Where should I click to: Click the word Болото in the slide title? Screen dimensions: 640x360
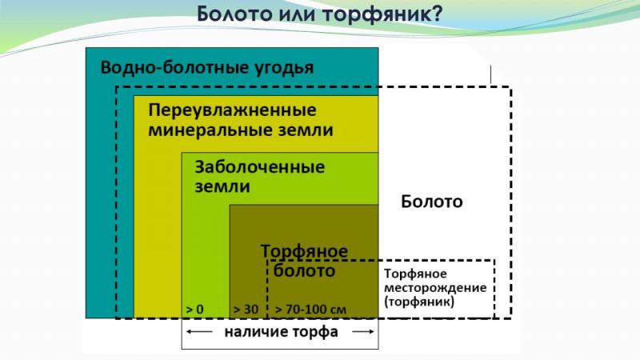pyautogui.click(x=235, y=14)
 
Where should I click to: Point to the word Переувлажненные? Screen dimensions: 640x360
pyautogui.click(x=232, y=110)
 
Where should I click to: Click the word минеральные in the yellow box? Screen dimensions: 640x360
pyautogui.click(x=210, y=130)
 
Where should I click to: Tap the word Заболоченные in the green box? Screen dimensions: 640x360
pyautogui.click(x=259, y=167)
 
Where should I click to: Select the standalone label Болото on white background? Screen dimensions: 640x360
pyautogui.click(x=432, y=202)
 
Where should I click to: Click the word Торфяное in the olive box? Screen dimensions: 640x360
pyautogui.click(x=305, y=251)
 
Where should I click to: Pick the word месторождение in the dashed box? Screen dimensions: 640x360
pyautogui.click(x=435, y=288)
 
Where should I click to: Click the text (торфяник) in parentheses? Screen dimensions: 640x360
pyautogui.click(x=419, y=302)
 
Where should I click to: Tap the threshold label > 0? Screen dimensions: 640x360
pyautogui.click(x=194, y=310)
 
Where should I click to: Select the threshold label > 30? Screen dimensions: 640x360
pyautogui.click(x=246, y=310)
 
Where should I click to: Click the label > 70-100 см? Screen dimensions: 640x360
pyautogui.click(x=310, y=310)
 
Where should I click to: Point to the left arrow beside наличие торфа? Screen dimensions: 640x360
pyautogui.click(x=199, y=332)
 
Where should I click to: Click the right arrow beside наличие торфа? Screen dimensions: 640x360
pyautogui.click(x=363, y=332)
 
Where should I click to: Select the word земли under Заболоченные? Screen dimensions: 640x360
pyautogui.click(x=222, y=186)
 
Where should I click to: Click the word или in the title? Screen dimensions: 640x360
pyautogui.click(x=298, y=14)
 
